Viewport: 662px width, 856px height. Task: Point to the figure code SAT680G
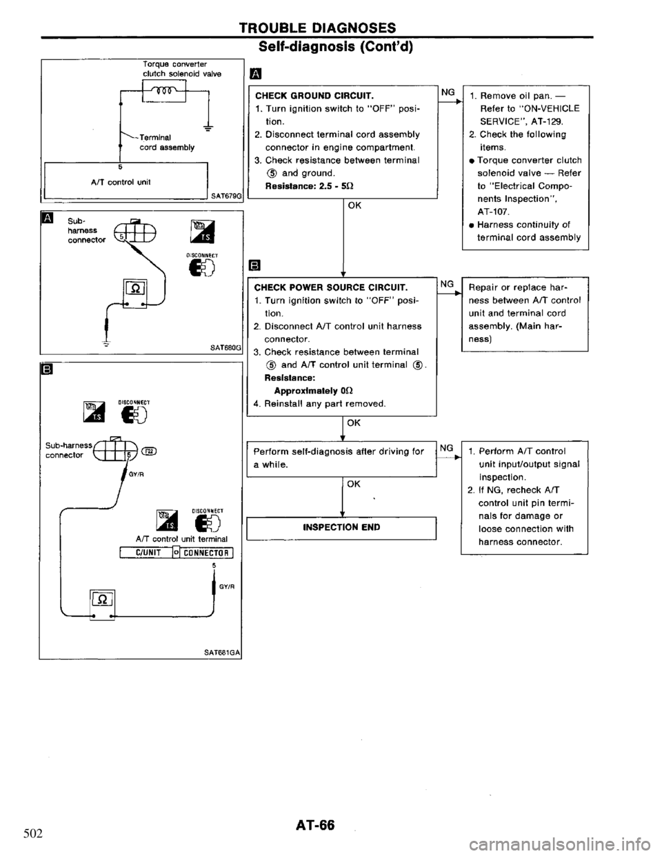click(225, 349)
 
